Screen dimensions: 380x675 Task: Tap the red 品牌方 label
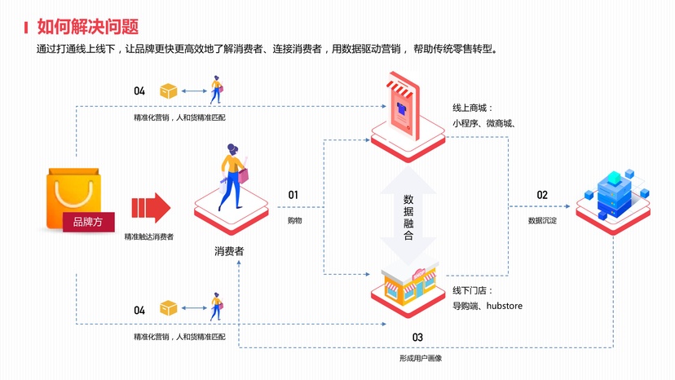click(88, 221)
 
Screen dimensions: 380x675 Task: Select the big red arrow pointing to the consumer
click(151, 208)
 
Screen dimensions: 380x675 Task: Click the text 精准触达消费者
click(148, 236)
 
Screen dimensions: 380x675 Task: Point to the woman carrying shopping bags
click(232, 176)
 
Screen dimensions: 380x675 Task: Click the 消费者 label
click(229, 251)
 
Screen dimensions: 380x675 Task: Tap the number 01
click(293, 196)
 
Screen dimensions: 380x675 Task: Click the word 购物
click(294, 220)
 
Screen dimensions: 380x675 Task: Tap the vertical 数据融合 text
click(408, 217)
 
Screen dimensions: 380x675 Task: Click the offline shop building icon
click(409, 284)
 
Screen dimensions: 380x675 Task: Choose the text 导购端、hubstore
click(487, 306)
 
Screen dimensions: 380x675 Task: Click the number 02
click(542, 196)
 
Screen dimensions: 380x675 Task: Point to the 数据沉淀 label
click(542, 220)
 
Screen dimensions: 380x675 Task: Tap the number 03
click(417, 337)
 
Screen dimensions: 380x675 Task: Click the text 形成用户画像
click(420, 358)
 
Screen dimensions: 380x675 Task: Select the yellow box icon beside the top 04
click(169, 91)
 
